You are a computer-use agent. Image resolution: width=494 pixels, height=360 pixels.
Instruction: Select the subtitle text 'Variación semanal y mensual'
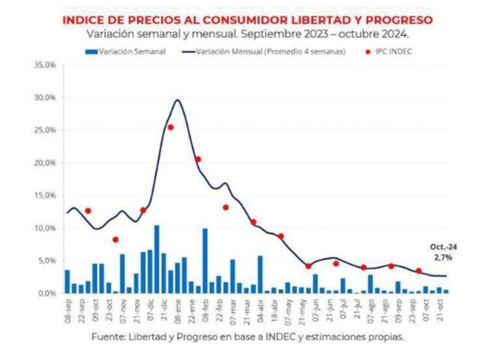tap(154, 34)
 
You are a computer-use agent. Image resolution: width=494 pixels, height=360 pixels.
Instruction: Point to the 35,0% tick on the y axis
tap(44, 65)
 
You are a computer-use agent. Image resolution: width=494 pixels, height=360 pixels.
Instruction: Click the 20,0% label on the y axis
tap(44, 163)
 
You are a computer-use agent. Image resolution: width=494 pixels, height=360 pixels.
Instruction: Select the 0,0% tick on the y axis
tap(46, 293)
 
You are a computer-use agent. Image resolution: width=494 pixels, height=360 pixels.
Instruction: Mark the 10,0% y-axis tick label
tap(44, 228)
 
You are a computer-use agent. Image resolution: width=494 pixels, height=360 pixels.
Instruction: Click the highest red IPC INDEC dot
tap(170, 127)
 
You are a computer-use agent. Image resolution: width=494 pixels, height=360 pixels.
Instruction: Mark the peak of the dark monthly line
tap(178, 100)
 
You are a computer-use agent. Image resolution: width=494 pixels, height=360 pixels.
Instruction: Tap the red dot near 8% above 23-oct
tap(115, 240)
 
